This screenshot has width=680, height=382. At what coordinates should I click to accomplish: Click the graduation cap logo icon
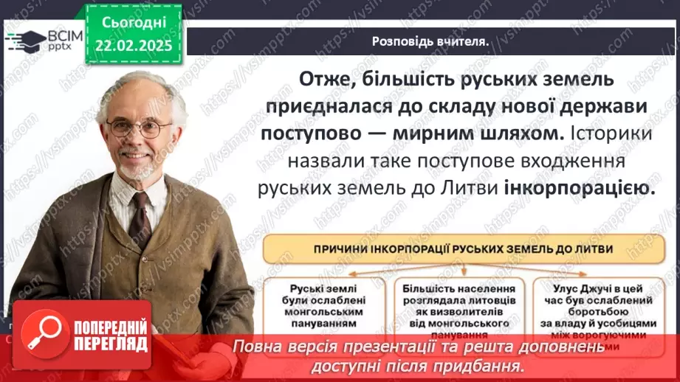pos(24,39)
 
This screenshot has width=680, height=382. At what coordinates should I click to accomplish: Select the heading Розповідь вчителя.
pos(430,41)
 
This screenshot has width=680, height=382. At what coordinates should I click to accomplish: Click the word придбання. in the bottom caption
pos(493,366)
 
